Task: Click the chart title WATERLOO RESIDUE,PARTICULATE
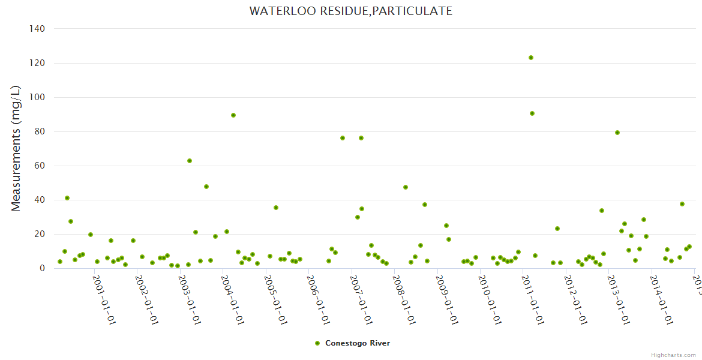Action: (351, 11)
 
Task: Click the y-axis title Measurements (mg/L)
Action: (16, 148)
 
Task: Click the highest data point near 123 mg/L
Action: (531, 58)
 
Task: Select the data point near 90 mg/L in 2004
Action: (233, 115)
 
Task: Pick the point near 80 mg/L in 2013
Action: (617, 133)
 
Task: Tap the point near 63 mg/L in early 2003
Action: (190, 161)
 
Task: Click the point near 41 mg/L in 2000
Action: (67, 198)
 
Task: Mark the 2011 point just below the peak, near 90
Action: (532, 113)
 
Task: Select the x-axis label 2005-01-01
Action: (275, 299)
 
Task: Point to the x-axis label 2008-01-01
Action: (404, 299)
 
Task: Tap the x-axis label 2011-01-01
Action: (532, 299)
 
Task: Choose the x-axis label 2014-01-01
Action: (661, 299)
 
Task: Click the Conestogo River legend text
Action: (358, 343)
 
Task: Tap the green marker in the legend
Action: (317, 343)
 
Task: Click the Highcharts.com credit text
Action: (673, 355)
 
